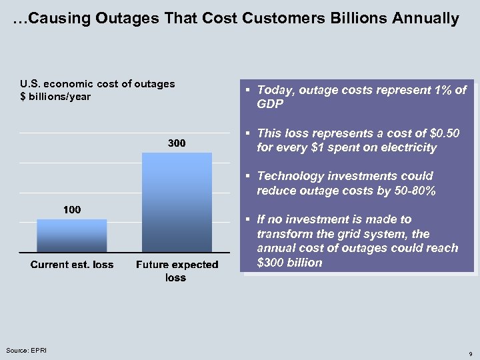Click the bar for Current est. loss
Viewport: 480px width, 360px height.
[72, 235]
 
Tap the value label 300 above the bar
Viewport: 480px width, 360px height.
[177, 143]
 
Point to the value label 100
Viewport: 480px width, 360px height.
[72, 210]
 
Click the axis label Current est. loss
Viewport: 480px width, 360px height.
[72, 265]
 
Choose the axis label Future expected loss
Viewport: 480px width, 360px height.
[177, 271]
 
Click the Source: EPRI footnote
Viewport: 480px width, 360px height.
[23, 350]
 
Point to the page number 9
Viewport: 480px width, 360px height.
[471, 353]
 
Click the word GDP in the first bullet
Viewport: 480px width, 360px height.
[270, 105]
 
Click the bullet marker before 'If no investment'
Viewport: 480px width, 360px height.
[247, 220]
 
